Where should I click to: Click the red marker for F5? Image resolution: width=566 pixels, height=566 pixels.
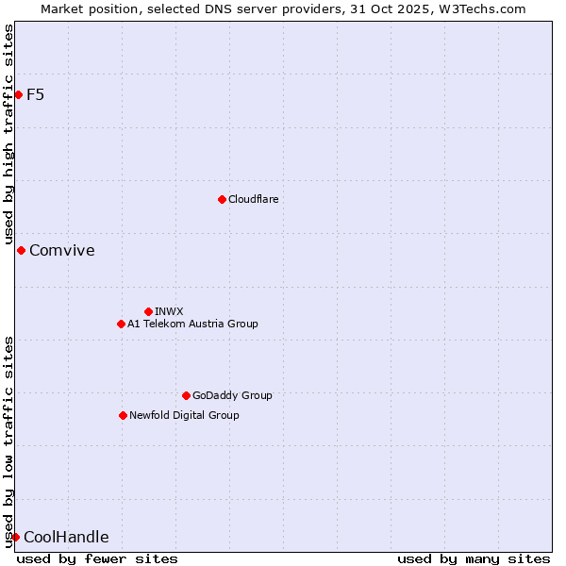click(x=18, y=94)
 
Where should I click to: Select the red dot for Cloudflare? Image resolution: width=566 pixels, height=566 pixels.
click(x=222, y=199)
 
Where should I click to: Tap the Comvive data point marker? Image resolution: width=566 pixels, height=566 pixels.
click(x=21, y=250)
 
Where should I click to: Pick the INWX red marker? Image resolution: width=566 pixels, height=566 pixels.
click(x=148, y=311)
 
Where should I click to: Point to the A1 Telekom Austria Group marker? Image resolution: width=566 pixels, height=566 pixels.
click(x=121, y=324)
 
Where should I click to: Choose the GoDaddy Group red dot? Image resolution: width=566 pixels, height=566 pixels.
click(x=186, y=395)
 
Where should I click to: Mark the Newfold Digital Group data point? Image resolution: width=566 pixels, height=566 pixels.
click(x=123, y=415)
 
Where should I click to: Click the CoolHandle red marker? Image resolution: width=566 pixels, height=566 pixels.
click(x=15, y=537)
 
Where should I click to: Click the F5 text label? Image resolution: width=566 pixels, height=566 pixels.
click(x=36, y=94)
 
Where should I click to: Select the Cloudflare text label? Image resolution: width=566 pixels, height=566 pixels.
click(x=254, y=199)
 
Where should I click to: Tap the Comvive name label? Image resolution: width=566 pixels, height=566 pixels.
click(x=62, y=250)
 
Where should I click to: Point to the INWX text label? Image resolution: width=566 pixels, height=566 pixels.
click(x=169, y=311)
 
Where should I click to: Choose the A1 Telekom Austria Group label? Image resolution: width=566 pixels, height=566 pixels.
click(x=192, y=324)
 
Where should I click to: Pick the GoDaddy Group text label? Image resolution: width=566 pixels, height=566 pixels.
click(x=232, y=395)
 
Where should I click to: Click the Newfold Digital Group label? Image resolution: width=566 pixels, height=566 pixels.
click(x=184, y=415)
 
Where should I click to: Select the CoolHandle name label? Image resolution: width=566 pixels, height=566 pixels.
click(x=66, y=537)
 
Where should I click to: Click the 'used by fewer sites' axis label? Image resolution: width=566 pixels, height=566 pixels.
click(x=97, y=558)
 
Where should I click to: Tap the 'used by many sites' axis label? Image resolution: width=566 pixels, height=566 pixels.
click(x=474, y=558)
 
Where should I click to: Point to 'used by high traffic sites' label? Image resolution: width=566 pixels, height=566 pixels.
click(x=8, y=131)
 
